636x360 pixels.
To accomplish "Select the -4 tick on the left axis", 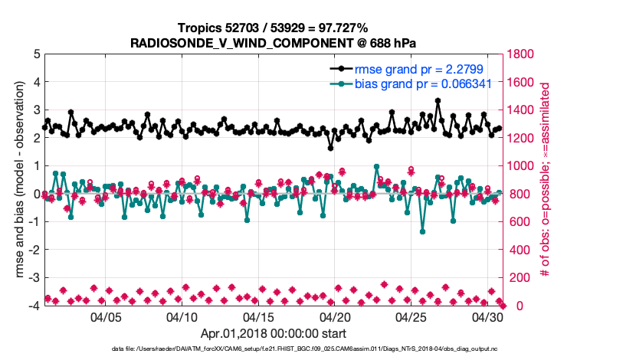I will (x=34, y=306).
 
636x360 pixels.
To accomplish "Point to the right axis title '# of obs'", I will (x=546, y=180).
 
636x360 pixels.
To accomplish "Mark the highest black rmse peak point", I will (x=438, y=100).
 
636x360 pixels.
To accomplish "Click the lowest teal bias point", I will (x=422, y=231).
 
